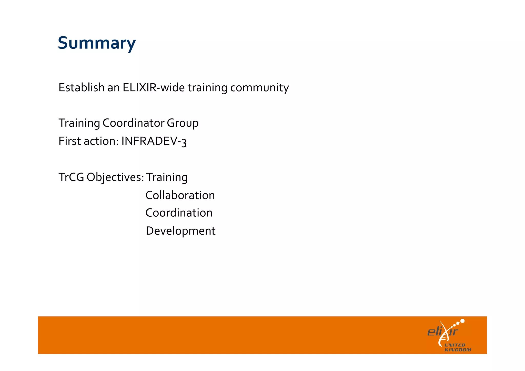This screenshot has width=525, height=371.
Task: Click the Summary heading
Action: click(x=97, y=43)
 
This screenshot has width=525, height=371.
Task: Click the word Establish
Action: click(x=81, y=87)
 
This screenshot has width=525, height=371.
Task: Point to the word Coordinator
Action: click(x=133, y=123)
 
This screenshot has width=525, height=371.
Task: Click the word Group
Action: click(x=183, y=123)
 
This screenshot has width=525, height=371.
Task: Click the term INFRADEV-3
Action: click(x=154, y=141)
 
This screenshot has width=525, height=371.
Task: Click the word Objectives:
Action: click(x=115, y=177)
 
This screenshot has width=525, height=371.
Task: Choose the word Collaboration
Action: click(x=180, y=195)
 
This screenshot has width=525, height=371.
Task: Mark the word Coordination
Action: click(x=179, y=213)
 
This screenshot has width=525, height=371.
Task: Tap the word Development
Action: click(x=180, y=231)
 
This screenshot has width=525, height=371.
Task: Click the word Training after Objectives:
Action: click(x=167, y=177)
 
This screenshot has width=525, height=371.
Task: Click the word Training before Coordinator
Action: click(x=79, y=123)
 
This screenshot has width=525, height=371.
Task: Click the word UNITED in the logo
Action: click(x=455, y=345)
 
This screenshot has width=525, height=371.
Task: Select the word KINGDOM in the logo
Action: click(x=458, y=350)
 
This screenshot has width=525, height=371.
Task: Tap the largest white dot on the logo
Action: click(x=462, y=321)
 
